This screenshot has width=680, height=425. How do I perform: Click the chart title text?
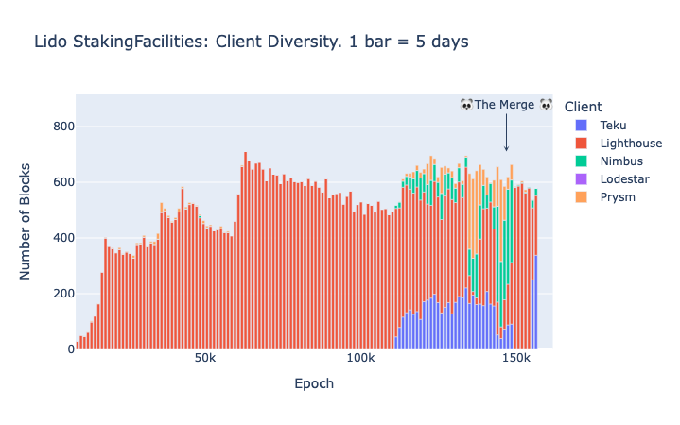(x=251, y=42)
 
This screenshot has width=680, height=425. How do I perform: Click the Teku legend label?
(x=614, y=126)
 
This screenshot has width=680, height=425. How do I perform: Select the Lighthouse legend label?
(x=631, y=144)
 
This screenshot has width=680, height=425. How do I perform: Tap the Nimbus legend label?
(x=622, y=161)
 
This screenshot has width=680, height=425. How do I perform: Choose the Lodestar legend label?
(x=626, y=179)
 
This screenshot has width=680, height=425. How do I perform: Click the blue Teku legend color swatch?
(x=582, y=126)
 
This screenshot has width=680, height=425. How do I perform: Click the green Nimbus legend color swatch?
(x=582, y=161)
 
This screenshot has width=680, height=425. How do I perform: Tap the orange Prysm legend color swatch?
(x=582, y=197)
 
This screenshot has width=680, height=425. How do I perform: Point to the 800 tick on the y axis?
(x=63, y=127)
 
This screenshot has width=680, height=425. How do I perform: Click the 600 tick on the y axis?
(x=63, y=182)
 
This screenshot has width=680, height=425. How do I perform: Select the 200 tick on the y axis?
(x=63, y=294)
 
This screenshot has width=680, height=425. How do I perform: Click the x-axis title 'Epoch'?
(x=314, y=384)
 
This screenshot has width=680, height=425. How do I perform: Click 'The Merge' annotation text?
(x=505, y=105)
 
